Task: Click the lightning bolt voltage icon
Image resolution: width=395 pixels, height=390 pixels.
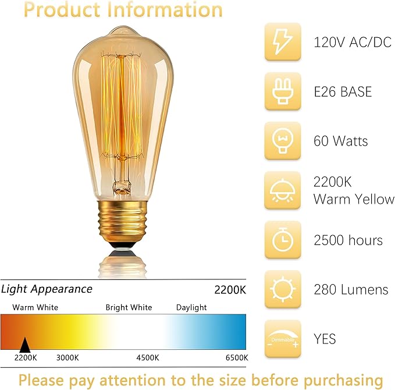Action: (283, 42)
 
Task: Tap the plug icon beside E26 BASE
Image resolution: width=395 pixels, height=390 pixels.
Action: (283, 91)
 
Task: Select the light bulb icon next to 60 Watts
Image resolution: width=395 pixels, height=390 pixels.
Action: (283, 141)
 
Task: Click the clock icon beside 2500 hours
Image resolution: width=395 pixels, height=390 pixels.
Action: (283, 240)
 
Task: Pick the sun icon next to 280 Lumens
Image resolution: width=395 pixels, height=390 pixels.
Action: (283, 289)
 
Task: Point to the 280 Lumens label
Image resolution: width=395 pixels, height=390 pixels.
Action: (350, 289)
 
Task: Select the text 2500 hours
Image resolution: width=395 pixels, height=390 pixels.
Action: (348, 240)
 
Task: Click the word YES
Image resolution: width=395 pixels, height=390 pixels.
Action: (325, 339)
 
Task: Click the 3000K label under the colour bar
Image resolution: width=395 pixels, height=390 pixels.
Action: (68, 357)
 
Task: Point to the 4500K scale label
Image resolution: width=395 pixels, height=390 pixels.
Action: (148, 357)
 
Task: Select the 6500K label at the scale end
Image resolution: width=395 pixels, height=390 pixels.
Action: (237, 357)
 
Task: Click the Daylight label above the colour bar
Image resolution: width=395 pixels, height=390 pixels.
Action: (192, 307)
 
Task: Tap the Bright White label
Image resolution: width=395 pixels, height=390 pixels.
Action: (129, 307)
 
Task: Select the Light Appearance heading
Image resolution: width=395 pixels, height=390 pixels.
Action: (47, 289)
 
